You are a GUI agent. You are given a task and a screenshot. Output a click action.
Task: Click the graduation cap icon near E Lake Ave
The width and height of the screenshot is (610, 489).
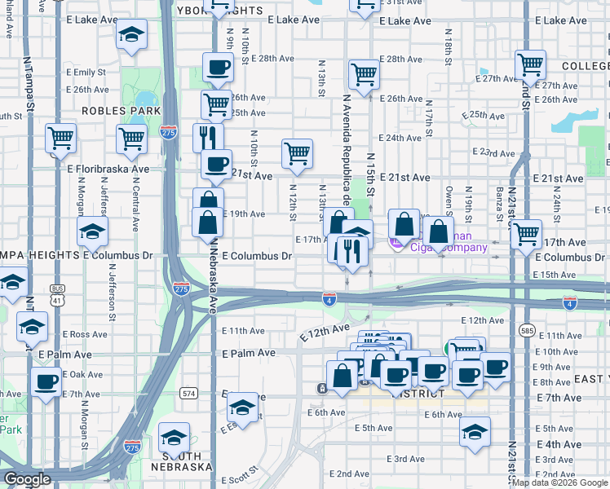130,35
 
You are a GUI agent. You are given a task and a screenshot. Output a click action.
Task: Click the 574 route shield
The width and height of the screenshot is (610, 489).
189,392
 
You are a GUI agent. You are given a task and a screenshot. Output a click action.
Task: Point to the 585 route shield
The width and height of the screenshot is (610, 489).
528,331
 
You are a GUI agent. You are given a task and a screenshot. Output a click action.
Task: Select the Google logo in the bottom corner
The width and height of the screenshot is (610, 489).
27,479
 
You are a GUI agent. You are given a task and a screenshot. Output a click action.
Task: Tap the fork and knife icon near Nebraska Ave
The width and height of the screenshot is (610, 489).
208,134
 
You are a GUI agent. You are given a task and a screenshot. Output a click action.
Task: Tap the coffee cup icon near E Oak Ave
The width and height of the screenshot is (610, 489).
46,381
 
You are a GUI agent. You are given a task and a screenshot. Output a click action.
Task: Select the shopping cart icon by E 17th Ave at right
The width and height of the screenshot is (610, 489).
527,234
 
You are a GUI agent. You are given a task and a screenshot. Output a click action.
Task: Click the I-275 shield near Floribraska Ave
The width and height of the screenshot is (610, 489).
168,131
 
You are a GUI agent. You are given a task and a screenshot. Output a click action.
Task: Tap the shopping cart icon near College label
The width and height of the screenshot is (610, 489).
531,63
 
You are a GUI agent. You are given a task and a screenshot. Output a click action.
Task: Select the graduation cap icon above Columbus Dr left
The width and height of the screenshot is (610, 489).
93,231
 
